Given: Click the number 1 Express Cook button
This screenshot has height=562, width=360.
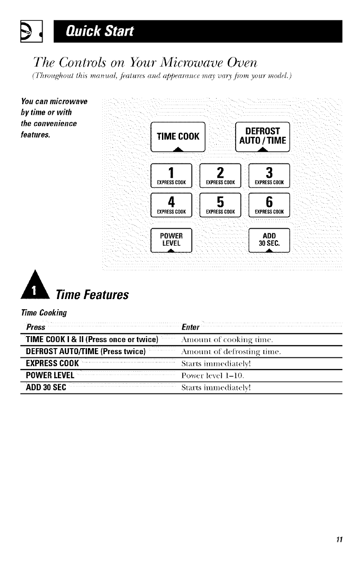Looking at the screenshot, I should (x=171, y=175).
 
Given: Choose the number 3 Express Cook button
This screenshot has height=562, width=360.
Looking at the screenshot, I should (x=269, y=175).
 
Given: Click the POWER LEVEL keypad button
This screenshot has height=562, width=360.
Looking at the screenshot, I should (x=171, y=240).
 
